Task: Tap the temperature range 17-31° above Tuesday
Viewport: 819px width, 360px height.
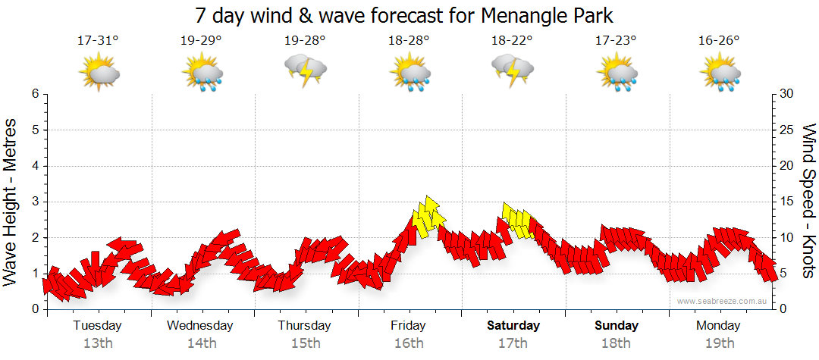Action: click(98, 41)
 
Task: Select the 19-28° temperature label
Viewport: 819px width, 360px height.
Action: click(305, 41)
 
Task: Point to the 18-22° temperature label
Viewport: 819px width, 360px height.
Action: click(512, 41)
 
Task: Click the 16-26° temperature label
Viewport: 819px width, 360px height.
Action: click(719, 41)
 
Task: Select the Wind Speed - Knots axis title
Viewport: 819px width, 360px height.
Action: click(808, 202)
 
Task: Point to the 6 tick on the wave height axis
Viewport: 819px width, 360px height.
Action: click(35, 94)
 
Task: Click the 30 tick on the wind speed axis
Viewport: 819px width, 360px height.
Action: click(787, 94)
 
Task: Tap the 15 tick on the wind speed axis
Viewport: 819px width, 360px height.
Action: click(787, 202)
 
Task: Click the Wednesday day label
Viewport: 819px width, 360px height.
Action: click(200, 326)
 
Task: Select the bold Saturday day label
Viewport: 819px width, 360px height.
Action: click(513, 326)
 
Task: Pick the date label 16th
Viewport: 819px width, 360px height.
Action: click(409, 343)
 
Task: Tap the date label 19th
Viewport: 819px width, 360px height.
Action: click(719, 343)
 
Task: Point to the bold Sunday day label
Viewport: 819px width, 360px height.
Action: click(617, 326)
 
